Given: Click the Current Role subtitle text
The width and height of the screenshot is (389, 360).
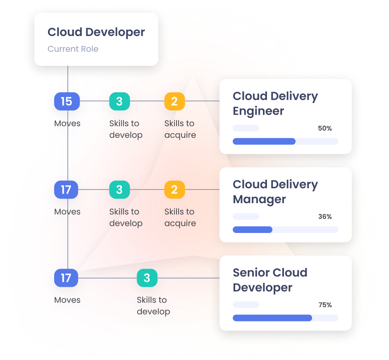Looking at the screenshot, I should click(x=73, y=49).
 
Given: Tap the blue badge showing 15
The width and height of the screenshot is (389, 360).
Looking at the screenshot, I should click(x=66, y=101).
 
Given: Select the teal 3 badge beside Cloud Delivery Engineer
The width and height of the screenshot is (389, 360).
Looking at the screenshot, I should click(x=119, y=101).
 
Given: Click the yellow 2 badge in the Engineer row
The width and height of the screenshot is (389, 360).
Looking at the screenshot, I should click(x=174, y=101).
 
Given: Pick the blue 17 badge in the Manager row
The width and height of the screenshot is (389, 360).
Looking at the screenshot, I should click(x=66, y=190).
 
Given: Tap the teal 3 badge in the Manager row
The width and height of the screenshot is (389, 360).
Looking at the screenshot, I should click(x=119, y=190).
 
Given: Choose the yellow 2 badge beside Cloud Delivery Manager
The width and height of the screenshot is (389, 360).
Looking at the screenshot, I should click(x=174, y=190).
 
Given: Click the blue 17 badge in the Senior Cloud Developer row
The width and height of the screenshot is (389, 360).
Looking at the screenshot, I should click(x=66, y=278).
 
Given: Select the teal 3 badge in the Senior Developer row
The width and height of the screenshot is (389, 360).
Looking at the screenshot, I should click(x=147, y=278).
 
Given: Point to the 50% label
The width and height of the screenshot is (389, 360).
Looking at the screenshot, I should click(x=325, y=129).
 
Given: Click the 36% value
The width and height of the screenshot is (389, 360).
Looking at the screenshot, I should click(x=325, y=217).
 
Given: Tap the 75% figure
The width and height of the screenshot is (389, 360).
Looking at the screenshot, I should click(x=325, y=305).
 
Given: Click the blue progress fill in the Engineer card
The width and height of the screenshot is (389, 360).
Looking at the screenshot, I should click(x=264, y=142).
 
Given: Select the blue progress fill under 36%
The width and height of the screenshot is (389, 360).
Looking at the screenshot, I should click(x=253, y=230).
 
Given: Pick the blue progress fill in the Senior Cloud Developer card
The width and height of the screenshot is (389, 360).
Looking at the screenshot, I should click(x=272, y=318).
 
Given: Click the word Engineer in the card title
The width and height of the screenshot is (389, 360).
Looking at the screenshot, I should click(x=258, y=111).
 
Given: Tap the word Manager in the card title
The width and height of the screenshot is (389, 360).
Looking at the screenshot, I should click(x=259, y=199).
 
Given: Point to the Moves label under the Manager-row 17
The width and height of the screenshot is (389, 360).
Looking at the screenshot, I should click(x=67, y=212).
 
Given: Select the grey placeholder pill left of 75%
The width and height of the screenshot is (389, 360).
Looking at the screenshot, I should click(x=246, y=305).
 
